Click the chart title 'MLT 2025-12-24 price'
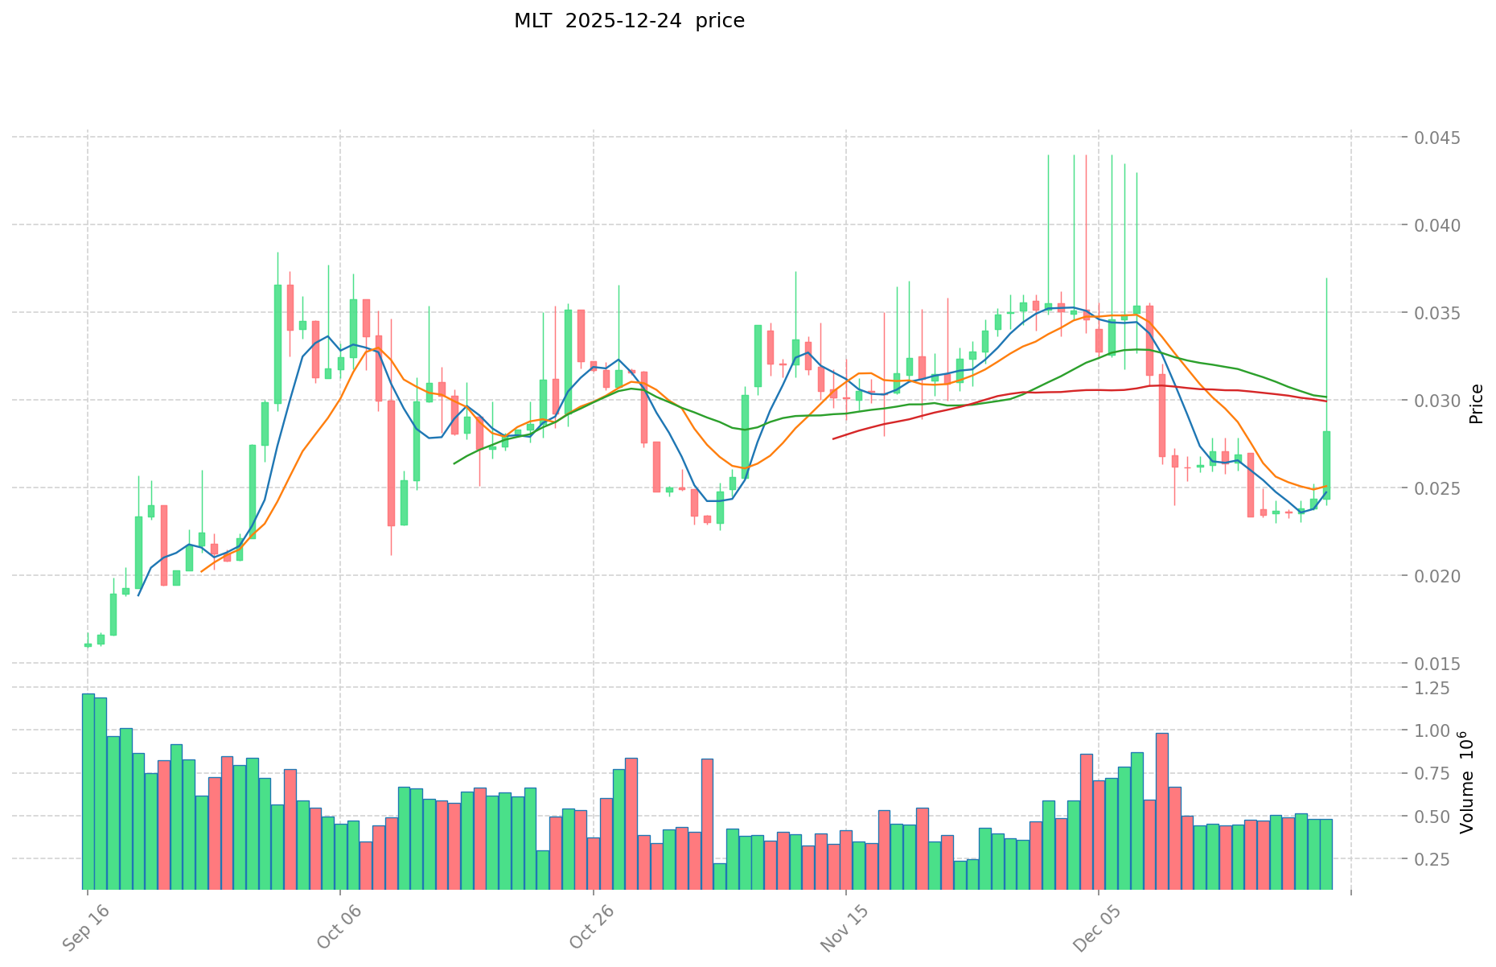(629, 21)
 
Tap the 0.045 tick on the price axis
(1438, 138)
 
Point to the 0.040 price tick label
(1438, 225)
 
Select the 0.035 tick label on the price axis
(1438, 313)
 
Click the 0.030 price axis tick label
(1438, 401)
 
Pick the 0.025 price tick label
(1438, 488)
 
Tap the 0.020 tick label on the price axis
(1438, 576)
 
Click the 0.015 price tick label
(1438, 664)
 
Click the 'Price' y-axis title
(1475, 404)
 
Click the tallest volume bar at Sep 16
(88, 791)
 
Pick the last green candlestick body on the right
(1326, 465)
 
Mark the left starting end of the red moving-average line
(833, 438)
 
